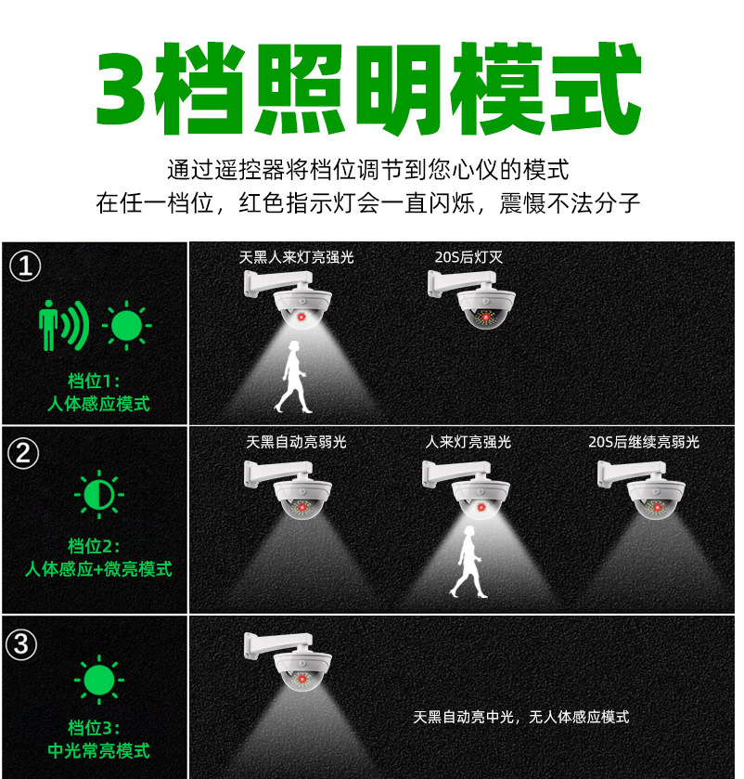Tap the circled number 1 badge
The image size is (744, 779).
[25, 267]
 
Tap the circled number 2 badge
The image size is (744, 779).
[25, 454]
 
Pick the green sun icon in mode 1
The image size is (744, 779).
[127, 324]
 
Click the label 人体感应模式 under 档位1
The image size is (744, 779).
[97, 404]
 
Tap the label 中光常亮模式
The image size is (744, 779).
[97, 750]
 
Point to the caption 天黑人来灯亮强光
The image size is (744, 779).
[296, 257]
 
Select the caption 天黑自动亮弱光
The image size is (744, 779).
[296, 442]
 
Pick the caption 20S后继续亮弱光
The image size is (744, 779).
[644, 442]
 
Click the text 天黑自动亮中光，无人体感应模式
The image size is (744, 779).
[520, 717]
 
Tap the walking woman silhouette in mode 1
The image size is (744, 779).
[293, 377]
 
